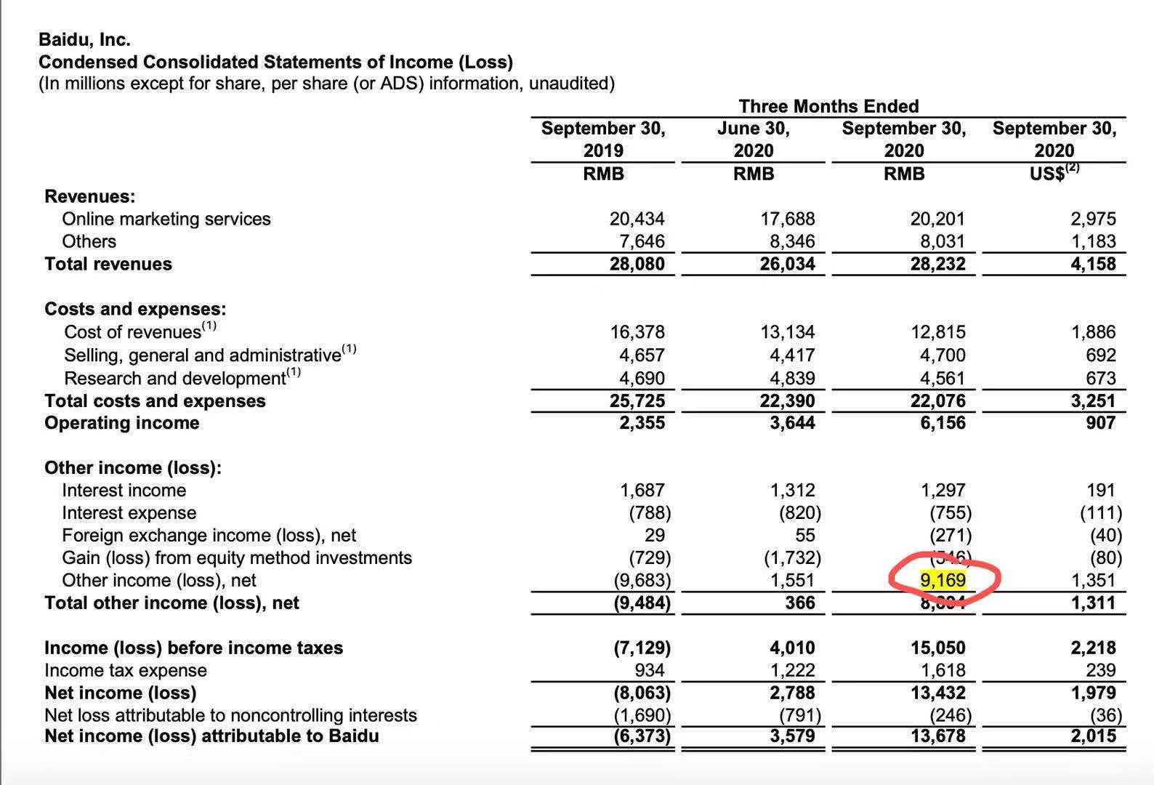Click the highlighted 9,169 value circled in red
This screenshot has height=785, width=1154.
[943, 580]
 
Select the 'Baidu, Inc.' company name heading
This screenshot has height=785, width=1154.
[84, 40]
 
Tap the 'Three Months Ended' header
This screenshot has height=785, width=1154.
[828, 106]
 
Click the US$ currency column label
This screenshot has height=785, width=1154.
[1054, 173]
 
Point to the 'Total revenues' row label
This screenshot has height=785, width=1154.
[108, 264]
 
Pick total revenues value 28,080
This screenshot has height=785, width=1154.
[637, 264]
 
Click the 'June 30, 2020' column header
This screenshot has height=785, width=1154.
[754, 140]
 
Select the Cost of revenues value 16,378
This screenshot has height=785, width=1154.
[637, 332]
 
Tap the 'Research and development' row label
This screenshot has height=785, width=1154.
[174, 378]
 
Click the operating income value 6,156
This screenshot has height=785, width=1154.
[943, 423]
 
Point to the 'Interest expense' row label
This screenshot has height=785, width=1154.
[129, 513]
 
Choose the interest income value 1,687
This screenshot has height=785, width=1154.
[639, 491]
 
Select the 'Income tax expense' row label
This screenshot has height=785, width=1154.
[126, 670]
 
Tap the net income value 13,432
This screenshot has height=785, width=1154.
[938, 693]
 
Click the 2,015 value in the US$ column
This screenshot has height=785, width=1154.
[1094, 736]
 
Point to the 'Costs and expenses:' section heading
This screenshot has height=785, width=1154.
[135, 309]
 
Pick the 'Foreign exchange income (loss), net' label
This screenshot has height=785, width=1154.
[209, 536]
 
